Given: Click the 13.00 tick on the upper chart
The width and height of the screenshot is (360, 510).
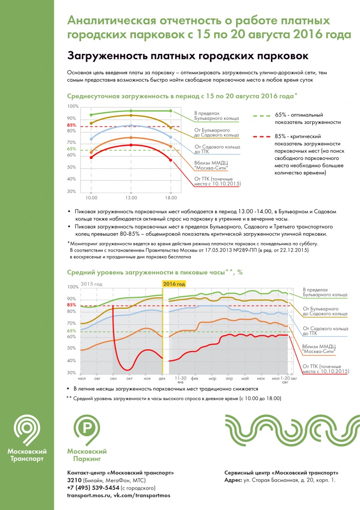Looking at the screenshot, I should tap(130, 197).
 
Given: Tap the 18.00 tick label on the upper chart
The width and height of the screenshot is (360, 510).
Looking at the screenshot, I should tap(170, 197).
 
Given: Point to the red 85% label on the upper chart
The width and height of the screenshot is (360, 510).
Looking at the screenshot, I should tap(71, 126).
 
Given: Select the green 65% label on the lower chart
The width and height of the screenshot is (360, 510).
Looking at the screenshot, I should tap(71, 331).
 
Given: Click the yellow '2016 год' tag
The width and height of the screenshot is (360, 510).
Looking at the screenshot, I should tap(175, 284).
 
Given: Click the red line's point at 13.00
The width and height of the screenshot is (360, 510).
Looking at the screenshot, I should tap(130, 145).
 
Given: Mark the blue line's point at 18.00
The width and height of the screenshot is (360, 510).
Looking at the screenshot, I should tap(170, 137).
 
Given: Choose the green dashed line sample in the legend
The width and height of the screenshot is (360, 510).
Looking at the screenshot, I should tap(261, 115).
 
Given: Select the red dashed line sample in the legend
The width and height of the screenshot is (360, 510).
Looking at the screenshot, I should tap(261, 136).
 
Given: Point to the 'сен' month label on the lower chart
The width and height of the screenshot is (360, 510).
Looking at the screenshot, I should tap(114, 379).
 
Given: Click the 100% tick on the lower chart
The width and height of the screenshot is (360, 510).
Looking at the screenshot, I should tap(73, 287).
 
